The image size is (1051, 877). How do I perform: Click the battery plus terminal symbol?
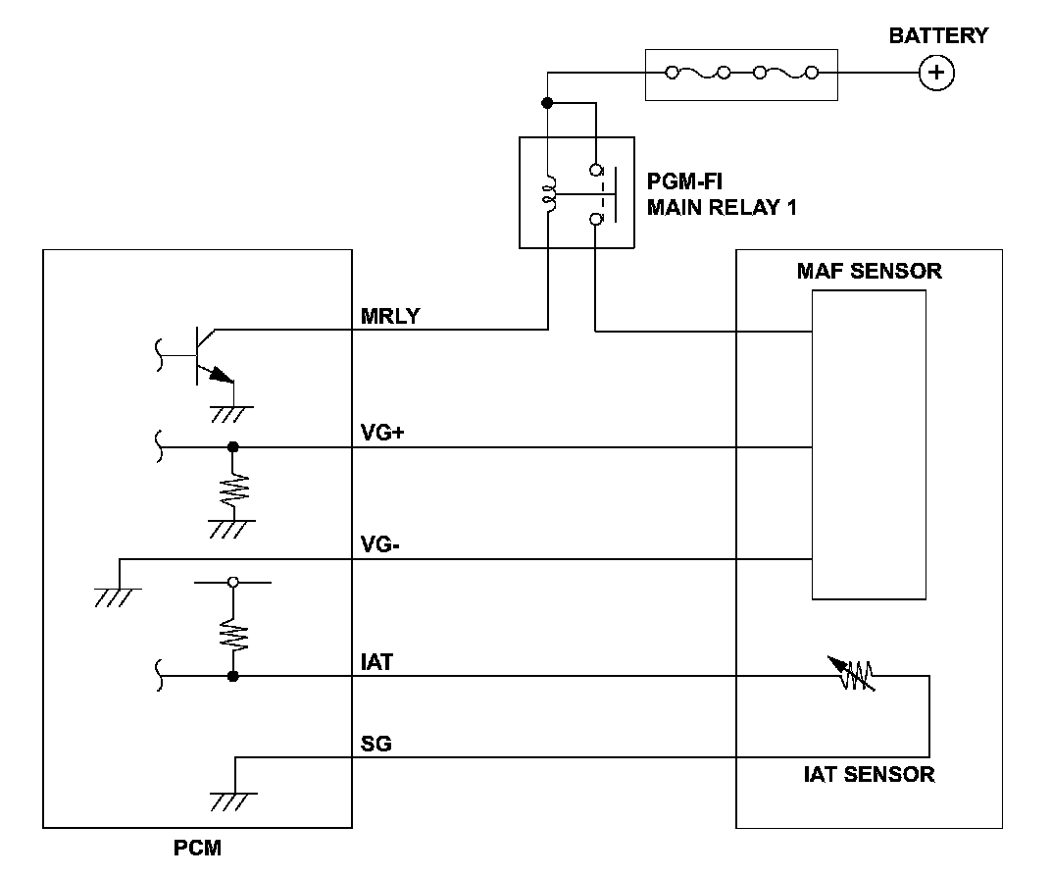(x=937, y=73)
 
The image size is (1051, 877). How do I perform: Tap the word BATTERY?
(x=938, y=36)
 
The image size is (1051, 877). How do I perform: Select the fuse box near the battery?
(x=741, y=73)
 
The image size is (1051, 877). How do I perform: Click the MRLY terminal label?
(x=391, y=316)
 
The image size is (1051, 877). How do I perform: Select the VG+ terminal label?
(x=383, y=433)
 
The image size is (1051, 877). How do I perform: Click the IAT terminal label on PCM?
(x=376, y=662)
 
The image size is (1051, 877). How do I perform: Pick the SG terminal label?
(x=376, y=744)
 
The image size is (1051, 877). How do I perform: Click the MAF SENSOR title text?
(x=869, y=271)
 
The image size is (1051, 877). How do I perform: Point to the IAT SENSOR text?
(x=869, y=774)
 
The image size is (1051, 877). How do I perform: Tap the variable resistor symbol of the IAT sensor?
(x=854, y=673)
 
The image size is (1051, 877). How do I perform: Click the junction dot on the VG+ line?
(x=233, y=447)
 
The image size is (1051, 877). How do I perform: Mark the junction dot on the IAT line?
(x=233, y=676)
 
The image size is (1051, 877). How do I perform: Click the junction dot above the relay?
(x=548, y=102)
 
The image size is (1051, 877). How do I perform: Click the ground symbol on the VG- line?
(x=119, y=593)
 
